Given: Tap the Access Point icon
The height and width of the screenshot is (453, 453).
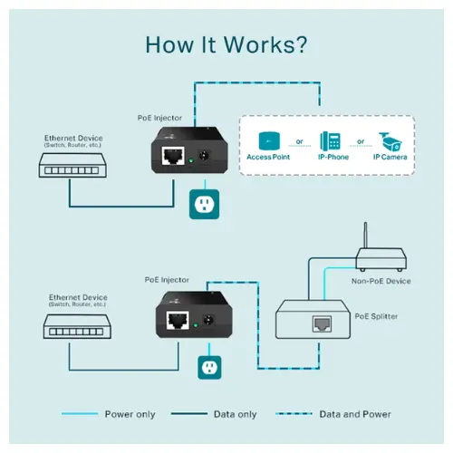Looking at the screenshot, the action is [269, 140].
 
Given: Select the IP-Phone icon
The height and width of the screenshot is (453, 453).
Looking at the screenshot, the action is [330, 140].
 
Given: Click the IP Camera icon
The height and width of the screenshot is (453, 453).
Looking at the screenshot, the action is [390, 141].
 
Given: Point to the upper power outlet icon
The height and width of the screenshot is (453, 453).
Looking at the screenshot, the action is [204, 204].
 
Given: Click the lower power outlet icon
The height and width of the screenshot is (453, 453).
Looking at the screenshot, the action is [209, 368].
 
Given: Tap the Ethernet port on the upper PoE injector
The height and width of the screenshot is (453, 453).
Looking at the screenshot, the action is [173, 156].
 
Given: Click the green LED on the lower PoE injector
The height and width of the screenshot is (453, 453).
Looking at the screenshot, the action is [196, 325].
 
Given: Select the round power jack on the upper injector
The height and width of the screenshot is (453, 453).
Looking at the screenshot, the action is [205, 156].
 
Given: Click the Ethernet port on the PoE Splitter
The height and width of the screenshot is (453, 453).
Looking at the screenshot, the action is [322, 323].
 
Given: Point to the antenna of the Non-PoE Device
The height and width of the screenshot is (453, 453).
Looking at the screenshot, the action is [365, 236].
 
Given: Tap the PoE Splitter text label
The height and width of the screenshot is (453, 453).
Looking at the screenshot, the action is [376, 316].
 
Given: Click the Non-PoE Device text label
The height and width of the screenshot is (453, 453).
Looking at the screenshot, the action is [381, 281].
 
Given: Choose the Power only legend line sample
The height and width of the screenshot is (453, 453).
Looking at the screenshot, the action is [80, 414].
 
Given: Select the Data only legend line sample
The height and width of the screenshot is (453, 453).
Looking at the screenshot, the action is [189, 414].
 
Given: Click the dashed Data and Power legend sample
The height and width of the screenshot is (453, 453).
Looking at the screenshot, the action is [294, 414].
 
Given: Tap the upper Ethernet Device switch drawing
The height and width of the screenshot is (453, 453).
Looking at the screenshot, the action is [72, 165].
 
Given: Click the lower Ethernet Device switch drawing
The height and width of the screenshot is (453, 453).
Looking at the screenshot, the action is [77, 326].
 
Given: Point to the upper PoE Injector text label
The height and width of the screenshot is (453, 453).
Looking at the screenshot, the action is [159, 118].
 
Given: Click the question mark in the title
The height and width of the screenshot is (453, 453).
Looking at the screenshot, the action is [300, 44].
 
